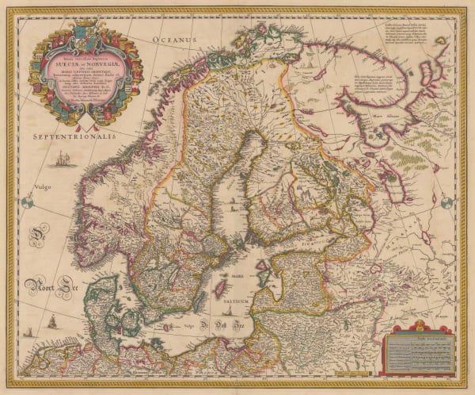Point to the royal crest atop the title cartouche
85,31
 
